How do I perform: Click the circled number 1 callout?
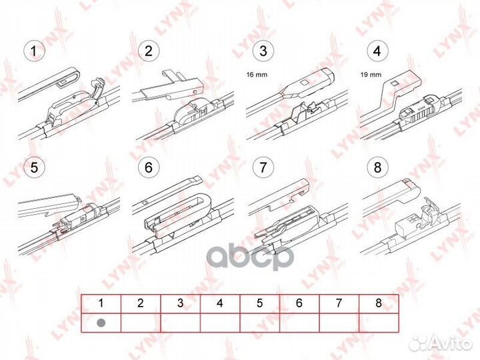(x=31, y=51)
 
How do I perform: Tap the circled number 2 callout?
(x=147, y=51)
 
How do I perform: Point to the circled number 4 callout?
(x=377, y=51)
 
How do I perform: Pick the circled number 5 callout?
(x=31, y=166)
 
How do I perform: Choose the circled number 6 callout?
(x=147, y=166)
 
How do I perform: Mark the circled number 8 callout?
(x=377, y=166)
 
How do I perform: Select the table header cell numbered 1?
(x=101, y=303)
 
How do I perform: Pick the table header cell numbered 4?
(x=220, y=303)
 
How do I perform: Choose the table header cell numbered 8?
(x=378, y=303)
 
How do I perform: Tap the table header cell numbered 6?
(x=299, y=303)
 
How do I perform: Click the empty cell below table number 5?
(x=259, y=321)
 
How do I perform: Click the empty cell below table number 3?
(x=180, y=321)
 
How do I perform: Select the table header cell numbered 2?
(x=140, y=303)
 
